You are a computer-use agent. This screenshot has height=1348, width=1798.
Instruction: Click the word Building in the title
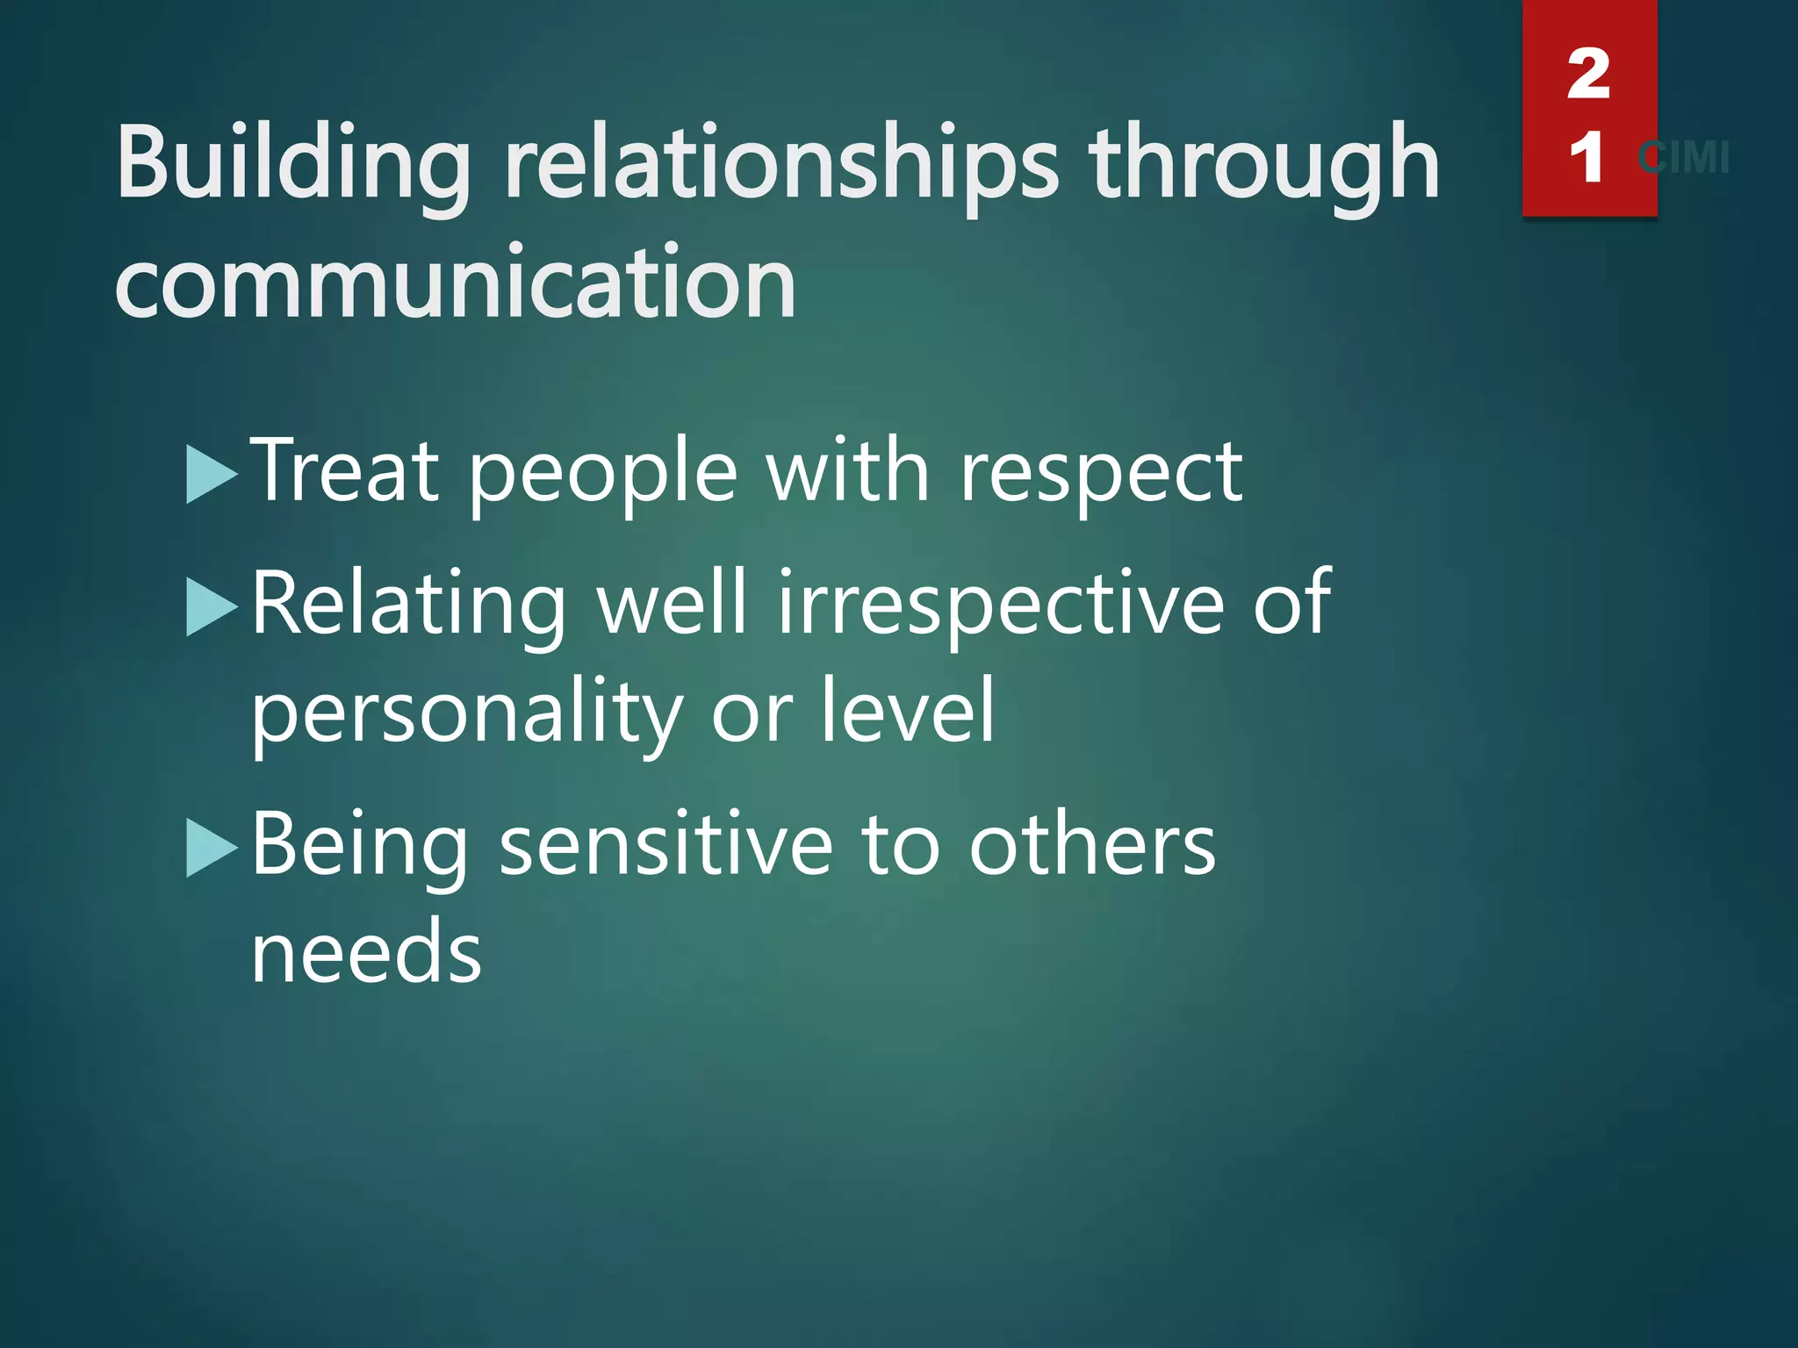293,163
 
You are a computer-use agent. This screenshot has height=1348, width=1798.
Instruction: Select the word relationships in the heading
781,163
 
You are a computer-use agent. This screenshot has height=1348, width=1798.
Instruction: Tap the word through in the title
1264,163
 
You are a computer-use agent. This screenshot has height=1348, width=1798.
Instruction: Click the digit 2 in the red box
1588,75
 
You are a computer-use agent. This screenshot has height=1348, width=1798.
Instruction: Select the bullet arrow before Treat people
212,475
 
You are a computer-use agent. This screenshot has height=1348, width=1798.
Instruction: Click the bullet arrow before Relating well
212,607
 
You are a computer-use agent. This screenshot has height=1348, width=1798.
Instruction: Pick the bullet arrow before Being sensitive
212,849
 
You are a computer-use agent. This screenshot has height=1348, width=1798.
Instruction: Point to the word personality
466,713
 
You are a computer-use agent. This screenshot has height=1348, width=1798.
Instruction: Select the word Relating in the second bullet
409,606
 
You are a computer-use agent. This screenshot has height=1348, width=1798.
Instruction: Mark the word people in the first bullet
603,475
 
